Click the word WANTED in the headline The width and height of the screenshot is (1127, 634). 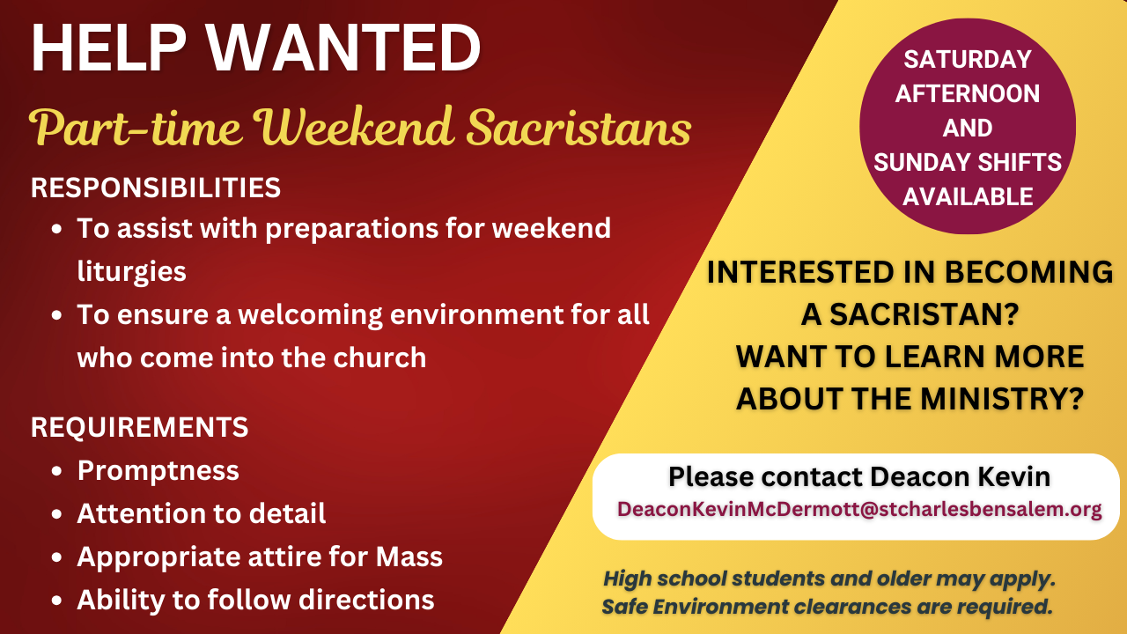[344, 48]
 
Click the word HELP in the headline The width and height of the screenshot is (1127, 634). [109, 48]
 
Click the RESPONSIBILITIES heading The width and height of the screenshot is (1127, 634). [156, 188]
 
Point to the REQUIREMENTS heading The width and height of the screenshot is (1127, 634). [139, 427]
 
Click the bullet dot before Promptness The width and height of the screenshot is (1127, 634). [57, 471]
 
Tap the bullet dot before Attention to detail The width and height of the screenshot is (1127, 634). [57, 514]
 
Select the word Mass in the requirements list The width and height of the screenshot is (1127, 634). [409, 557]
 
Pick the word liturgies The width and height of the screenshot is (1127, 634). [132, 272]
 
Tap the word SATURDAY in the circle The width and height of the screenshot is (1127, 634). [968, 59]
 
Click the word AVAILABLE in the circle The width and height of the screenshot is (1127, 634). [968, 196]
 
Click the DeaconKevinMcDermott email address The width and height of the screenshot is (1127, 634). [859, 509]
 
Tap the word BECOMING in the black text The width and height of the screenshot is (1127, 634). [1029, 272]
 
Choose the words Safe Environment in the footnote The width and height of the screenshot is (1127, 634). [696, 607]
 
